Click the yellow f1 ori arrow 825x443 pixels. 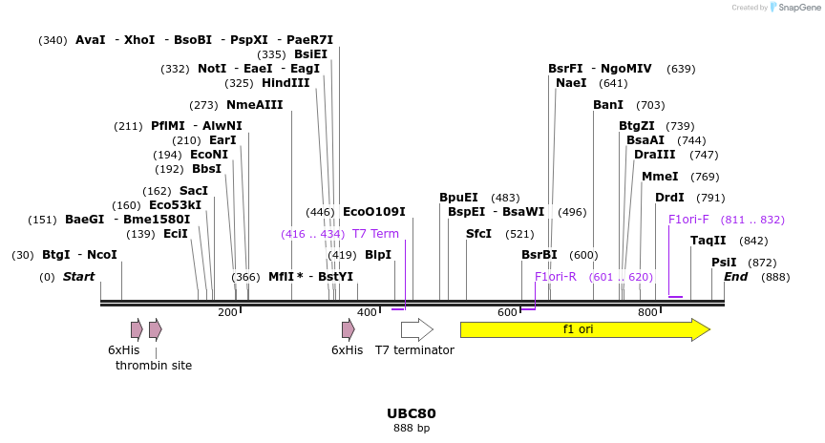point(584,329)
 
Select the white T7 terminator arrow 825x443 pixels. point(416,329)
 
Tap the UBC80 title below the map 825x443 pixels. point(412,413)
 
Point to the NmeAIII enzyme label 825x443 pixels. point(255,105)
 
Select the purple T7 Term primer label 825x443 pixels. point(375,234)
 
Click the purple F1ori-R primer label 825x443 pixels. point(556,277)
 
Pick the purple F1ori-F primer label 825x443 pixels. point(688,220)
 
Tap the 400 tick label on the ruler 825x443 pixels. point(368,312)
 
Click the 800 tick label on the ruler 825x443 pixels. point(647,312)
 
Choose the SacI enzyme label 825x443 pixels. point(194,191)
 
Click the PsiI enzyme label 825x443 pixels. point(724,263)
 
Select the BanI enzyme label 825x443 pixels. point(608,105)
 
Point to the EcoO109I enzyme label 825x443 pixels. point(374,212)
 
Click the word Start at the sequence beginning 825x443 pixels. point(79,277)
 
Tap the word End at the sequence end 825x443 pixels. point(735,277)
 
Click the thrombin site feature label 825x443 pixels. point(154,366)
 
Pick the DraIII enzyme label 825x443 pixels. point(655,155)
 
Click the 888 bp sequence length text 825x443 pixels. point(412,428)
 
